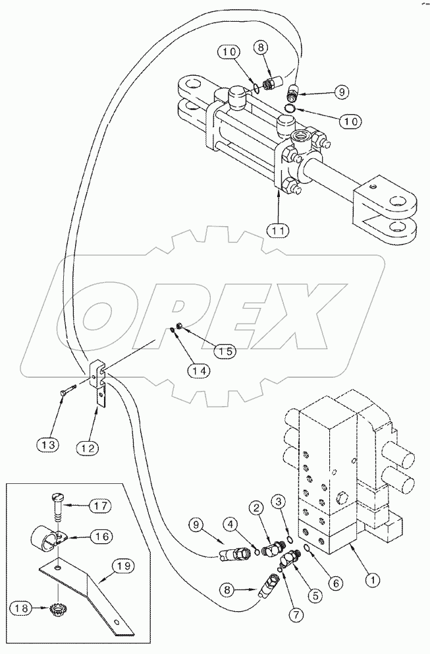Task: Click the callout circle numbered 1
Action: coord(373,580)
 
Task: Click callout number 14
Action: coord(200,371)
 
